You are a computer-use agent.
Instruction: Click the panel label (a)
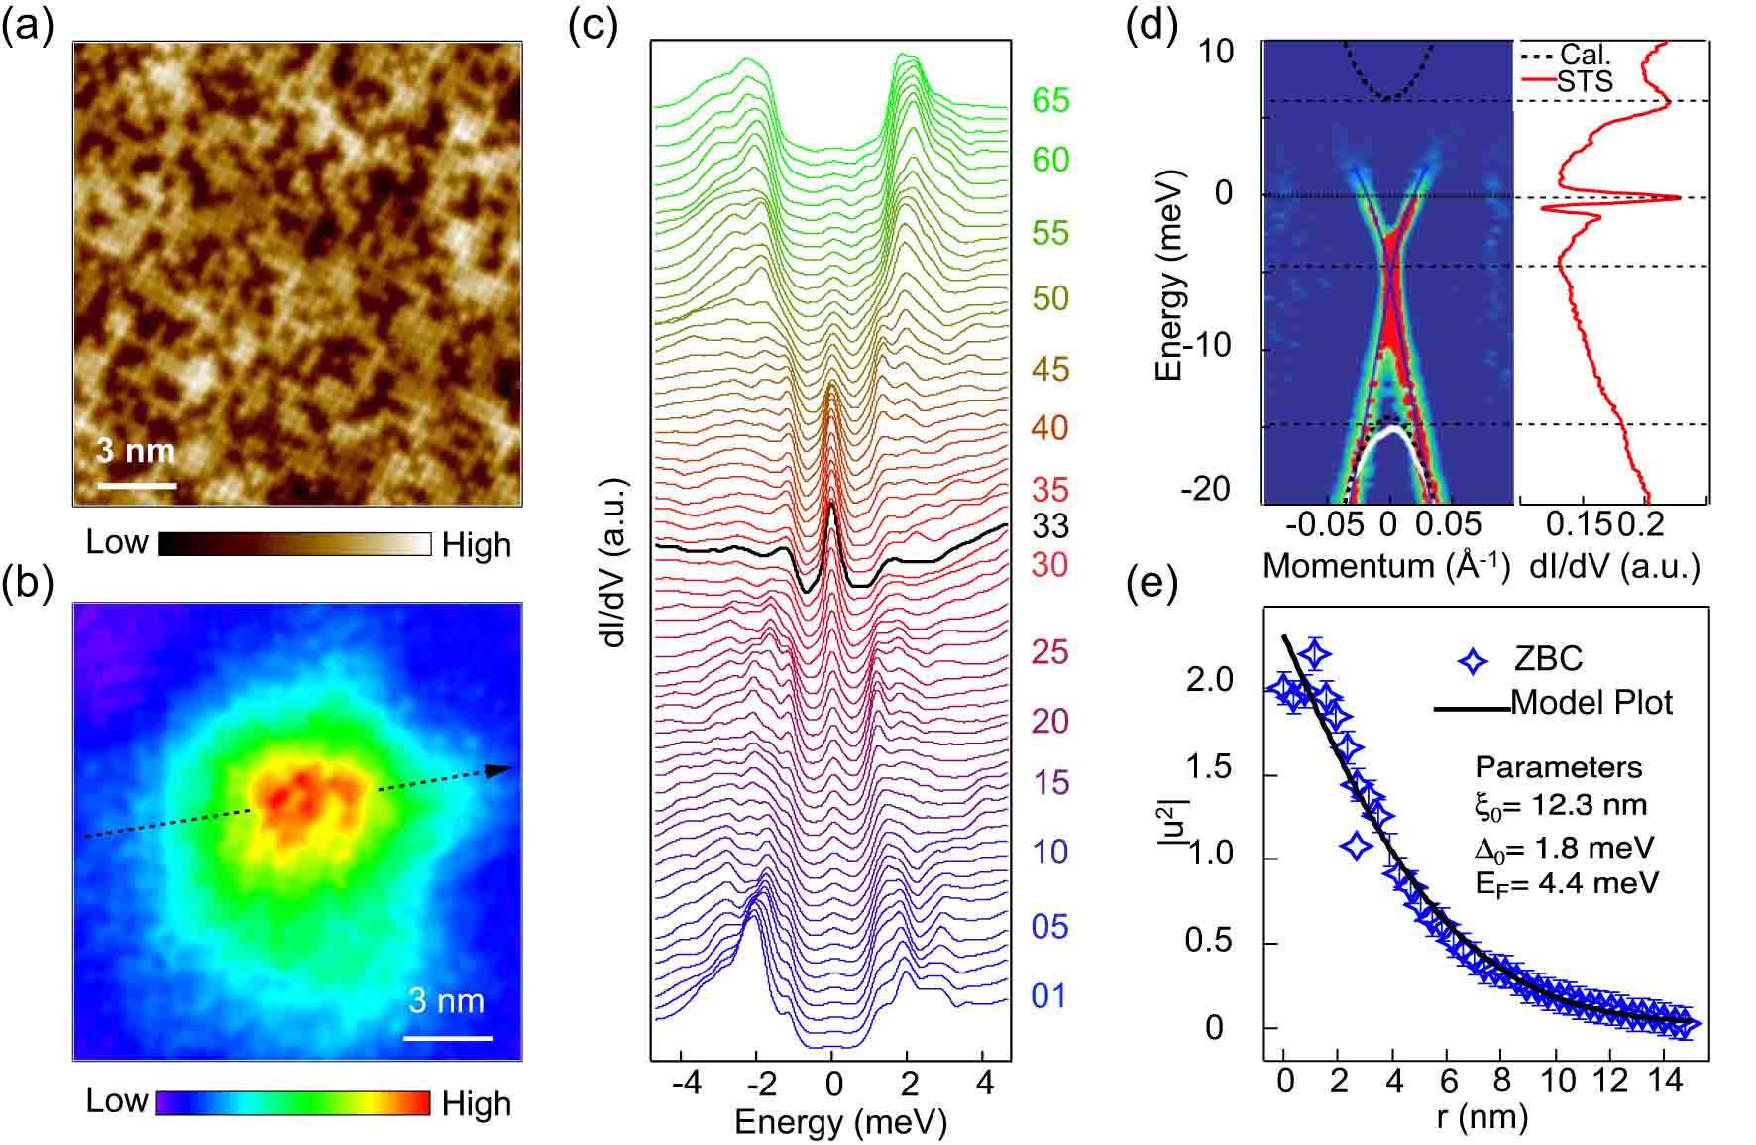[x=27, y=27]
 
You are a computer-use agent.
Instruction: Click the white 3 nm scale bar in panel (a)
[x=136, y=486]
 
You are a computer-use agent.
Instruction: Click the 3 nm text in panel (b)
[x=446, y=1001]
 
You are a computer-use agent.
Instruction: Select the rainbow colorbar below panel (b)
[x=292, y=1103]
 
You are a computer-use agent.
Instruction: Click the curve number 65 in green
[x=1050, y=100]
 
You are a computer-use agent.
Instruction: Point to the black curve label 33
[x=1050, y=525]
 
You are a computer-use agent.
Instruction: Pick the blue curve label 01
[x=1049, y=996]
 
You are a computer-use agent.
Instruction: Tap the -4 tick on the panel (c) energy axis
[x=686, y=1083]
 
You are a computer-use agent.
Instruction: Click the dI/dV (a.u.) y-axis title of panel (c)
[x=615, y=562]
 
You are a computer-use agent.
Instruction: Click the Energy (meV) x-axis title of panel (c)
[x=840, y=1122]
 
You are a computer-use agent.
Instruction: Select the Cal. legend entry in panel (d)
[x=1584, y=55]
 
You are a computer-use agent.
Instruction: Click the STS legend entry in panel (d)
[x=1584, y=81]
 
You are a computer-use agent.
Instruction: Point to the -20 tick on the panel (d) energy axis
[x=1205, y=490]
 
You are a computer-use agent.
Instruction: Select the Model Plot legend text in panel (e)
[x=1591, y=703]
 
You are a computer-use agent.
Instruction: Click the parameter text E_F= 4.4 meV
[x=1566, y=883]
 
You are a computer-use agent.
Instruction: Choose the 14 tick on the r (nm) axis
[x=1665, y=1080]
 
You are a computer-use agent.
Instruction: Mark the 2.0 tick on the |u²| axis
[x=1209, y=681]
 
